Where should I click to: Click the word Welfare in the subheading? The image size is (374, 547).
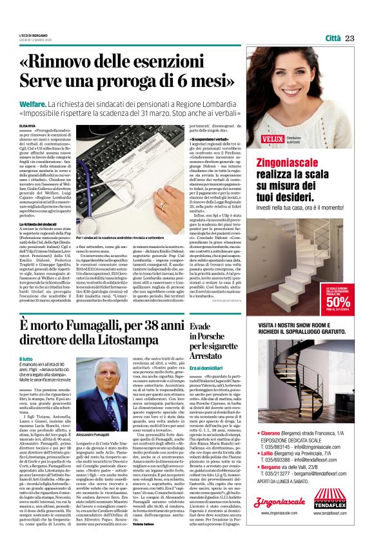click(x=32, y=103)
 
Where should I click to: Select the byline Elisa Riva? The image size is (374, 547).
click(x=28, y=127)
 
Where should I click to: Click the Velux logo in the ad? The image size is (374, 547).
click(x=273, y=138)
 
